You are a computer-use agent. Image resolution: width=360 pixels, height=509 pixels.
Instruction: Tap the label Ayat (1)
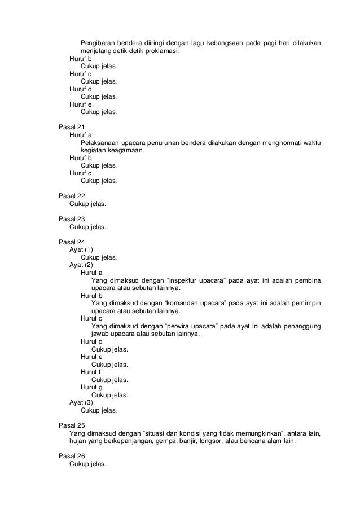point(81,249)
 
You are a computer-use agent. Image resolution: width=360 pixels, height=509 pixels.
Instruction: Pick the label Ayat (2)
point(81,265)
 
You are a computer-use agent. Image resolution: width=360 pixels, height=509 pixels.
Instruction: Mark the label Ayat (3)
point(81,402)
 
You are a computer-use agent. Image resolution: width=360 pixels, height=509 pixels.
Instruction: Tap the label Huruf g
point(91,387)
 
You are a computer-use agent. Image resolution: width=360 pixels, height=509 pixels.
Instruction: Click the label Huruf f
point(91,372)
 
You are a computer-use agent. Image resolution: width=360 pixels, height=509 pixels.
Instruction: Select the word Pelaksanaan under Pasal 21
point(102,143)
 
